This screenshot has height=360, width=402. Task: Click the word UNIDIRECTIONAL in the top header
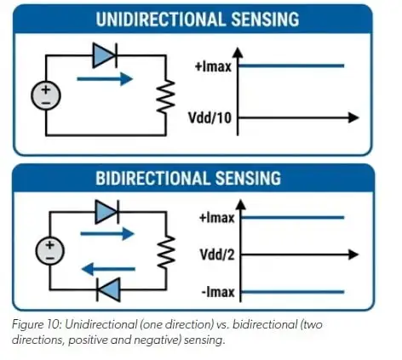pos(160,20)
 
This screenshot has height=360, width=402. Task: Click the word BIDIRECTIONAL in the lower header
pos(152,178)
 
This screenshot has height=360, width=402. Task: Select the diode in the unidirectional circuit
pos(105,55)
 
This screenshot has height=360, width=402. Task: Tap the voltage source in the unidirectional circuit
pos(46,95)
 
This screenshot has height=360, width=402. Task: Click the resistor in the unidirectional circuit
pos(166,97)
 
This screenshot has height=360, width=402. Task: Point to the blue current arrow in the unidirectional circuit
pos(105,79)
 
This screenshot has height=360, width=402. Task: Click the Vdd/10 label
pos(210,117)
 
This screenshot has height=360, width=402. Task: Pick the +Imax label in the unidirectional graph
pos(213,66)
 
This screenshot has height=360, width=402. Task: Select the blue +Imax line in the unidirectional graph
pos(291,66)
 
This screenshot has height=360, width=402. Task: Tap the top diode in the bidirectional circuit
pos(107,212)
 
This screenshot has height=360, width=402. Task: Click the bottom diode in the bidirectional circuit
pos(108,289)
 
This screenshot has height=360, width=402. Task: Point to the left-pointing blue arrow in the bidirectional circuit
pos(108,269)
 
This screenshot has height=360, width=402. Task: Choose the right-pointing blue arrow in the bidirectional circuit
pos(107,234)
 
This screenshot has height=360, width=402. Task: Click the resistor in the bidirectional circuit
pos(166,252)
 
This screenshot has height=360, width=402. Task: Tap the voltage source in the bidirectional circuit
pos(50,251)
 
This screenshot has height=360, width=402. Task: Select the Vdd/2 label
pos(217,254)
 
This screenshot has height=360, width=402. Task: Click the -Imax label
pos(218,292)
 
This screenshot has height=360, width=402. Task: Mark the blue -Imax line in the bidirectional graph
pos(292,292)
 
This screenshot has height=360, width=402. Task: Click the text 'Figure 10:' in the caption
pos(37,324)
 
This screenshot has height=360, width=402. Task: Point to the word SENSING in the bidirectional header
pos(248,178)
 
